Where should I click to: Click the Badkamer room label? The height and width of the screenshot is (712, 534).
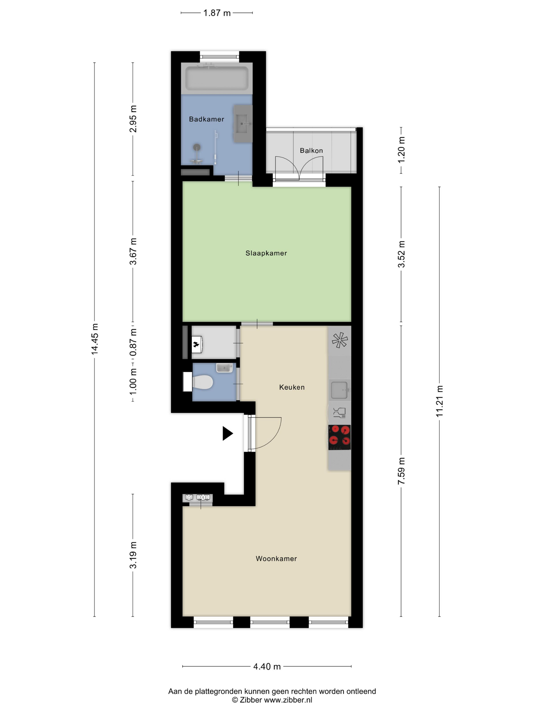coord(206,119)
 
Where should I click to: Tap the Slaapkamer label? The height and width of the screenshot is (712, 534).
coord(266,253)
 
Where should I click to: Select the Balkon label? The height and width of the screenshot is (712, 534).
coord(311,150)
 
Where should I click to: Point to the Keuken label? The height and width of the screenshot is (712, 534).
coord(292,387)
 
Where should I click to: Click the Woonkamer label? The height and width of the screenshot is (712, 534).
coord(276,558)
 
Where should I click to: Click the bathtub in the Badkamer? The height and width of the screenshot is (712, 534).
coord(217,78)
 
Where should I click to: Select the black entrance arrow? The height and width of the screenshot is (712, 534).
coord(227,433)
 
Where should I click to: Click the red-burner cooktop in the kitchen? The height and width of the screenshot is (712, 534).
coord(339,437)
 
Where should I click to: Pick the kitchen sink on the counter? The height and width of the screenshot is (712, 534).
coord(339,390)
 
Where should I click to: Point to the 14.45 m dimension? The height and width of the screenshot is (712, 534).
coord(95,339)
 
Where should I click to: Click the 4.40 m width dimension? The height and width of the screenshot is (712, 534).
coord(267,666)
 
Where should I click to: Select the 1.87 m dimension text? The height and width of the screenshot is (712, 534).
coord(217,13)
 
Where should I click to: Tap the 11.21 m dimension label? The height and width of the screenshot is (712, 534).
coord(440,401)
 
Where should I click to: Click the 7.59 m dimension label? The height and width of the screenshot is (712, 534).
coord(401,471)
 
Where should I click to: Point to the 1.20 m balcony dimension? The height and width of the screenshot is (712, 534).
coord(401,150)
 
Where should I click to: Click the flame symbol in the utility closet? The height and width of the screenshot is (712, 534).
coord(196,345)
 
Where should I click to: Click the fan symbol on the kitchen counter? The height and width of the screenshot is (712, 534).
coord(339,340)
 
